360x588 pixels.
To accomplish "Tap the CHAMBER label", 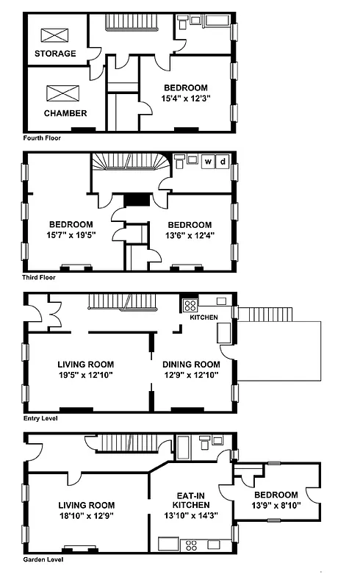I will click(65, 113).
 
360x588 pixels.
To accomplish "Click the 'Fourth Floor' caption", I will click(41, 137).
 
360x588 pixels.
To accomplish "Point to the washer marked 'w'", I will click(208, 162).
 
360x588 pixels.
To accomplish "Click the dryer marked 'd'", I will click(223, 162).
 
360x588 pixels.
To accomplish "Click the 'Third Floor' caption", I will click(40, 277).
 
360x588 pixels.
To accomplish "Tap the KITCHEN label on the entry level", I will click(204, 318).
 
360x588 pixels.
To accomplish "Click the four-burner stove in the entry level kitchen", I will click(190, 305).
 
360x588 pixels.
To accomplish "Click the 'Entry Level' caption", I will click(40, 418).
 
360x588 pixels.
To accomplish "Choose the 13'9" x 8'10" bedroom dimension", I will click(276, 506).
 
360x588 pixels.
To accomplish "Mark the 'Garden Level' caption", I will click(43, 559).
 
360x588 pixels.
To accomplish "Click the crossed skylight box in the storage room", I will click(53, 35).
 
